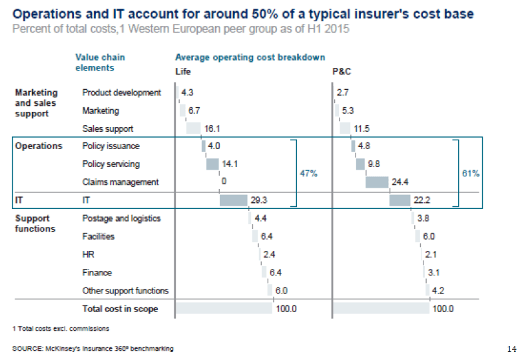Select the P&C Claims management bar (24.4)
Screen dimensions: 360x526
click(x=377, y=182)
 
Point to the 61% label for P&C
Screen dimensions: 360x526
click(x=471, y=173)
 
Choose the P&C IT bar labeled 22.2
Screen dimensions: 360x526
click(x=403, y=200)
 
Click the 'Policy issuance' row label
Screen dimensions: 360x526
click(x=111, y=146)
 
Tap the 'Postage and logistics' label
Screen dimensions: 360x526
click(x=121, y=218)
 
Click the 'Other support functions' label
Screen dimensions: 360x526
click(x=125, y=291)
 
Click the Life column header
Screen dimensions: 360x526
click(x=182, y=71)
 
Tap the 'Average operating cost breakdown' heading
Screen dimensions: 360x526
click(x=250, y=58)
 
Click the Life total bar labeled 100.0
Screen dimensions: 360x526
click(x=223, y=309)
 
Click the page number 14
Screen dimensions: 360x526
click(x=511, y=349)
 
